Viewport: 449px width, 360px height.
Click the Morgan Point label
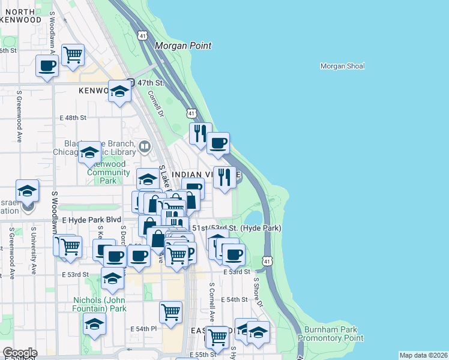[184, 46]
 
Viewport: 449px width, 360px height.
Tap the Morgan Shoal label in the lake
[342, 66]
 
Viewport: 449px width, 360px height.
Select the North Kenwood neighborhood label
[21, 16]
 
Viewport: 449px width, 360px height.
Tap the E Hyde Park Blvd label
[87, 220]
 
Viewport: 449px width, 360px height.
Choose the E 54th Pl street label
[143, 329]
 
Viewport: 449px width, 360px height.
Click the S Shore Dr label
[258, 292]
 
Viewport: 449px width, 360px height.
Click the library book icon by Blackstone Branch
[144, 146]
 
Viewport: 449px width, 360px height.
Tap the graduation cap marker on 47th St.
[119, 91]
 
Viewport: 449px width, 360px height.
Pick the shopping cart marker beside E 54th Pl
[171, 311]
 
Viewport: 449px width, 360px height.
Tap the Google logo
[20, 353]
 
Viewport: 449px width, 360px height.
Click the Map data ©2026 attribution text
[424, 355]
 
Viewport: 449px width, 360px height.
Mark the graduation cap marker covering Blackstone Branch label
[89, 152]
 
